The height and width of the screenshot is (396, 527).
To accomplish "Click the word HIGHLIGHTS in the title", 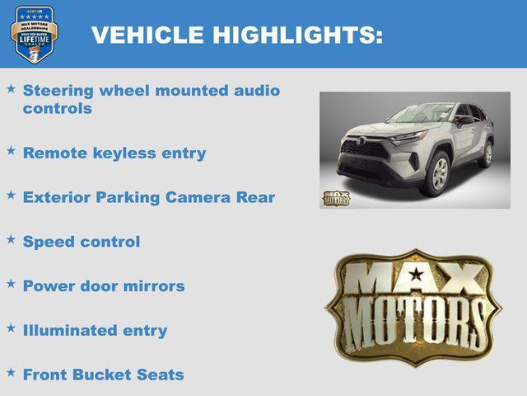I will pyautogui.click(x=297, y=35).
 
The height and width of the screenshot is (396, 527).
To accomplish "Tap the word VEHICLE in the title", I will pyautogui.click(x=147, y=35).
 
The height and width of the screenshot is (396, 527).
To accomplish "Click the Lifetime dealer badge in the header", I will pyautogui.click(x=33, y=34).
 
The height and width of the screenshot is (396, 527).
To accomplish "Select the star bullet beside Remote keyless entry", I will pyautogui.click(x=11, y=151).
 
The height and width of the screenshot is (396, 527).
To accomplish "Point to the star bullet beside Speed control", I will pyautogui.click(x=11, y=239).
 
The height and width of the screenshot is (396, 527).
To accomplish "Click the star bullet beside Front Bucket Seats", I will pyautogui.click(x=11, y=372).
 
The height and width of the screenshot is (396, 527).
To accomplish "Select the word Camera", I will pyautogui.click(x=198, y=197).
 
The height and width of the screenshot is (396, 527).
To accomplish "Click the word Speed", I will pyautogui.click(x=49, y=242).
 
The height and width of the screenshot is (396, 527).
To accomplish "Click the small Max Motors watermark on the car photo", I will pyautogui.click(x=335, y=198).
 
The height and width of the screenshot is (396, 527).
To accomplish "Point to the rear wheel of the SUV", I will pyautogui.click(x=487, y=153).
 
